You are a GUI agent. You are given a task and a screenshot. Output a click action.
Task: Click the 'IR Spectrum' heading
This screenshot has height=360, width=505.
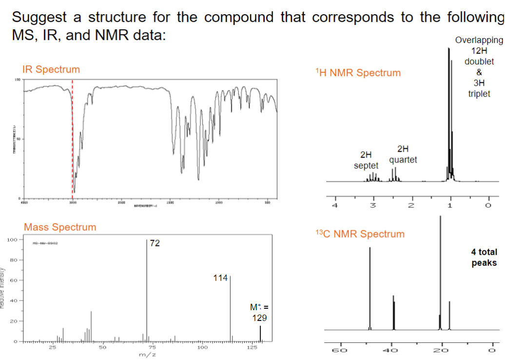coord(51,69)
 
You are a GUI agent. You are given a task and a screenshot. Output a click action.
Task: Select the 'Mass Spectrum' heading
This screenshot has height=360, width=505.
coord(60,227)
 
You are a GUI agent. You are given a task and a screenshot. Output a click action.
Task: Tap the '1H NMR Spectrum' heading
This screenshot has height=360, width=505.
coord(358,73)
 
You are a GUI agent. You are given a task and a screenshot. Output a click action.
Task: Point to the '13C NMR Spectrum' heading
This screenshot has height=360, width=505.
coord(360,234)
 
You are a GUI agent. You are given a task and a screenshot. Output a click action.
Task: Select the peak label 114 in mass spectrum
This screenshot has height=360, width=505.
coord(220,278)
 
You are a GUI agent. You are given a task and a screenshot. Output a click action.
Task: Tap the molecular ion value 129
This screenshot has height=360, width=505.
coord(259,318)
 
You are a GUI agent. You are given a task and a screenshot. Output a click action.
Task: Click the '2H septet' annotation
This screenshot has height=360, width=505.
coord(366,160)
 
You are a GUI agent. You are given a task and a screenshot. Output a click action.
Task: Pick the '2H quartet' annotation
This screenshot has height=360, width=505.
coord(403,154)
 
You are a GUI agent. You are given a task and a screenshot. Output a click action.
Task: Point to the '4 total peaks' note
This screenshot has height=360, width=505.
coord(484,257)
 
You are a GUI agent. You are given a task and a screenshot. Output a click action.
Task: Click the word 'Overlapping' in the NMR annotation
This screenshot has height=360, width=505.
coord(478,40)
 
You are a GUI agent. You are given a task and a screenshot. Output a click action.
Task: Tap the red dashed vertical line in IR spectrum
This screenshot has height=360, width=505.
coord(73,137)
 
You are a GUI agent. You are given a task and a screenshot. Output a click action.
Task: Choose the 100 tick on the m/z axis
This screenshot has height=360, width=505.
coord(202,348)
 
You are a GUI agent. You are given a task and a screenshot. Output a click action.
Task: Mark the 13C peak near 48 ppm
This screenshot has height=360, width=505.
coord(369,288)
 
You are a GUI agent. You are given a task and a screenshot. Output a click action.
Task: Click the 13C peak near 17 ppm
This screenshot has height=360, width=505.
coord(449,315)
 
